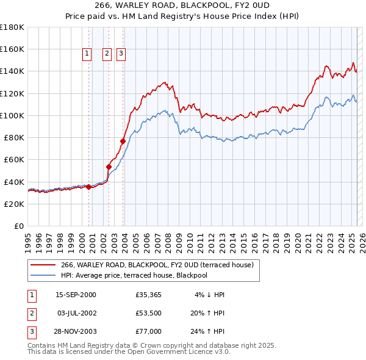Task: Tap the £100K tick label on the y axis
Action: [x=12, y=115]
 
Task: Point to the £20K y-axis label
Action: [x=14, y=204]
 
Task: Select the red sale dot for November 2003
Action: [x=123, y=141]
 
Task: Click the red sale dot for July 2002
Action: [x=109, y=166]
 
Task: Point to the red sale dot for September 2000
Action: [x=89, y=187]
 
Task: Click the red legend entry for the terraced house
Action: [x=160, y=265]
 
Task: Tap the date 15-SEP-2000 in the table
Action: [x=76, y=295]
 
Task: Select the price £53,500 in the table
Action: [x=148, y=313]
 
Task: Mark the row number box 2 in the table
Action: [x=30, y=313]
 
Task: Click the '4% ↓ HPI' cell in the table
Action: [x=210, y=295]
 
